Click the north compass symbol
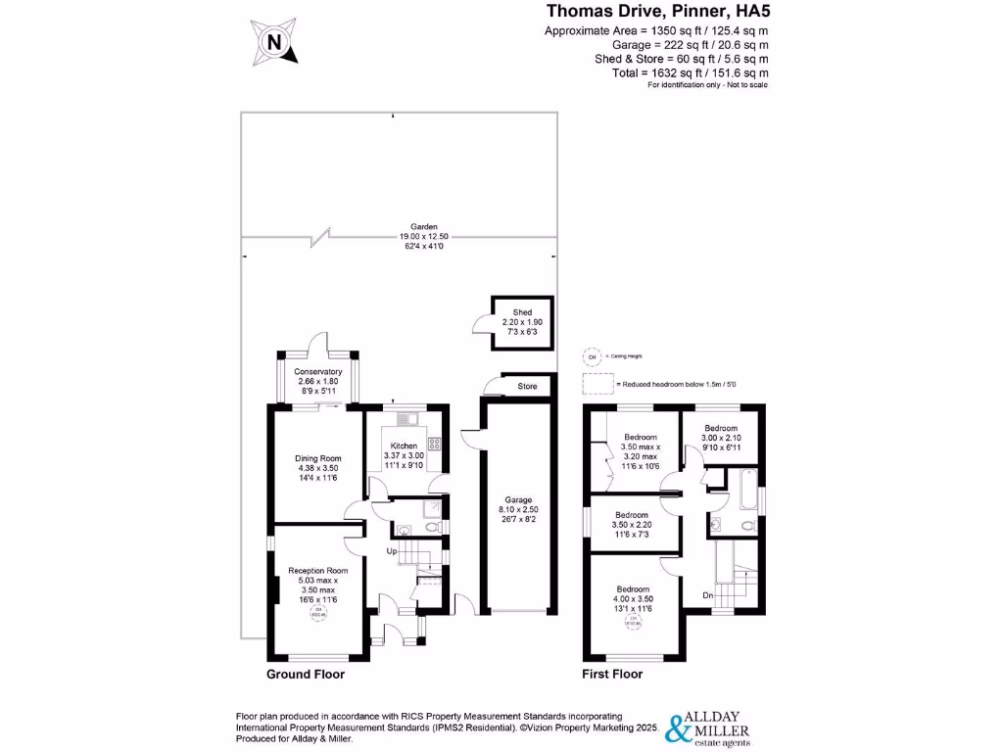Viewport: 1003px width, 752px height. (x=274, y=41)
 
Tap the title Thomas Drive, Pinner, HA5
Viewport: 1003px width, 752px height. (x=655, y=12)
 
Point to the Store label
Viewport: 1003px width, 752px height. (x=527, y=387)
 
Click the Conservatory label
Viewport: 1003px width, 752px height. (x=317, y=372)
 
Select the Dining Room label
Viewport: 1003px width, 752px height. (x=317, y=457)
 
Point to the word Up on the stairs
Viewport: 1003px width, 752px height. (x=393, y=552)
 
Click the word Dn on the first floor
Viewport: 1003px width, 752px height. (x=706, y=593)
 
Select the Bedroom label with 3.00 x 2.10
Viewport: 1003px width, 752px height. (x=721, y=428)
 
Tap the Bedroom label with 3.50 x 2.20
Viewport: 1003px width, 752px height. (x=631, y=514)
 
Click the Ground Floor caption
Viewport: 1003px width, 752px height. (x=306, y=675)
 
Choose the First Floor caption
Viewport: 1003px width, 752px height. (x=612, y=675)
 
